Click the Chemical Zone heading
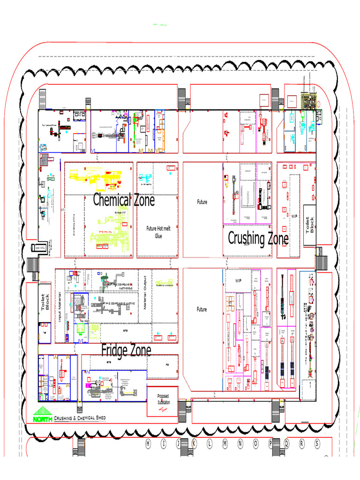click(124, 200)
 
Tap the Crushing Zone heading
click(258, 239)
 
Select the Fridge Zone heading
click(126, 350)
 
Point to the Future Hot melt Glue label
click(158, 232)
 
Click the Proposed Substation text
click(163, 399)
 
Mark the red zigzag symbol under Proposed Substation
click(163, 409)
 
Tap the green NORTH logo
click(43, 417)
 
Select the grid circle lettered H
click(149, 443)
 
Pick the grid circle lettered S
click(317, 443)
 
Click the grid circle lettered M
click(225, 443)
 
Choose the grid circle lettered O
click(256, 443)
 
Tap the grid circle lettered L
click(210, 443)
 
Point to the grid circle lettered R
click(302, 443)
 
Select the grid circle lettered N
click(240, 443)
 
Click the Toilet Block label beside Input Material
click(45, 302)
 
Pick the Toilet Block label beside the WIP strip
click(310, 225)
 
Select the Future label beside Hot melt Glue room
click(202, 202)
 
